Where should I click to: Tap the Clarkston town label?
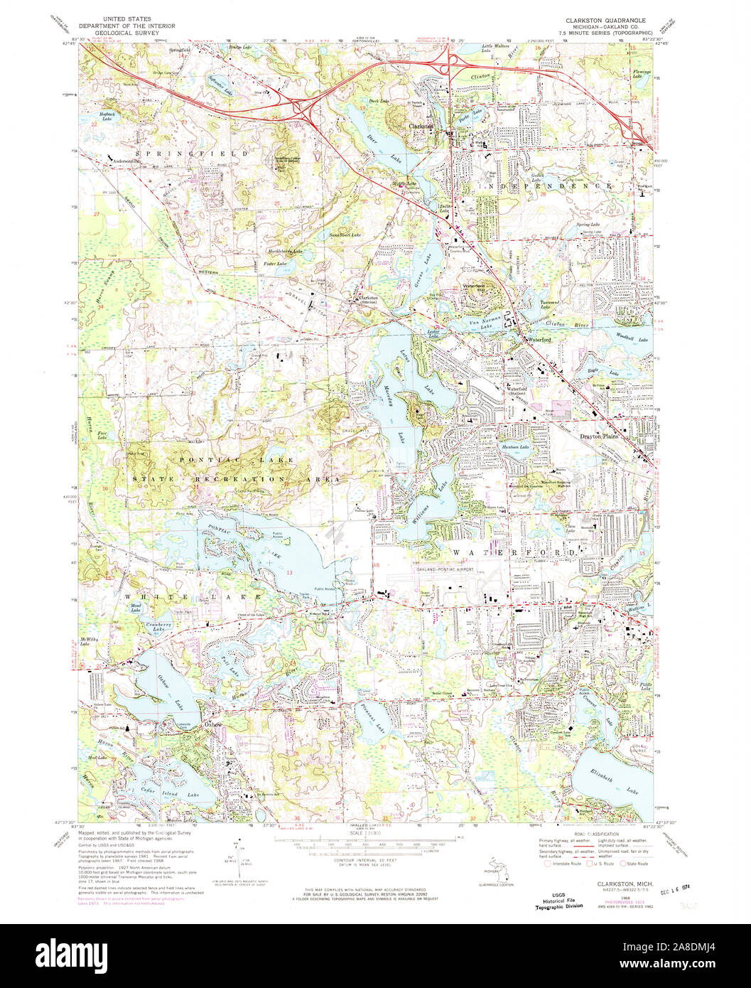click(421, 126)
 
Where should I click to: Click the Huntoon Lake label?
click(515, 446)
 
